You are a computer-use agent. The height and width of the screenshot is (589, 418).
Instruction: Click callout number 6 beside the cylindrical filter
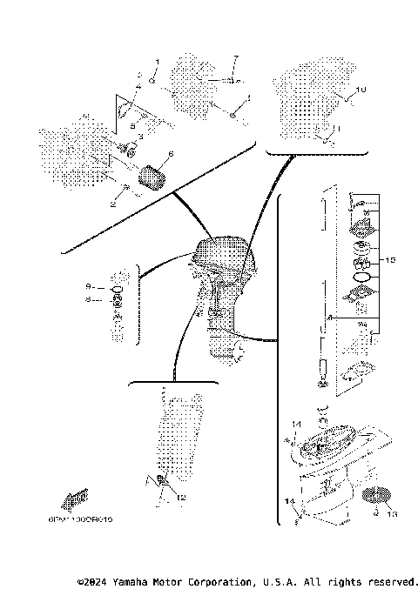(171, 154)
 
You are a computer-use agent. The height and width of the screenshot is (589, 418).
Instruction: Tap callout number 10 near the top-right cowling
(363, 90)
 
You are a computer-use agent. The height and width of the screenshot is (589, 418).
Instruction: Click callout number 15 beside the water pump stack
(391, 260)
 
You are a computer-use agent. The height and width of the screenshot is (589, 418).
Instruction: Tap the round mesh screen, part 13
(373, 499)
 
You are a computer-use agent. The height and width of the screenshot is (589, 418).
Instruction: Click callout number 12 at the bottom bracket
(181, 498)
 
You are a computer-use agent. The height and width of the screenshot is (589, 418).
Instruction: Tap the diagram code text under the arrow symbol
(89, 518)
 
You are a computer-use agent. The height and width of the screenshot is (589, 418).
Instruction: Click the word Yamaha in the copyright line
(127, 580)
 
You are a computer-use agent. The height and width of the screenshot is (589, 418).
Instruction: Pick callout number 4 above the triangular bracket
(138, 78)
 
